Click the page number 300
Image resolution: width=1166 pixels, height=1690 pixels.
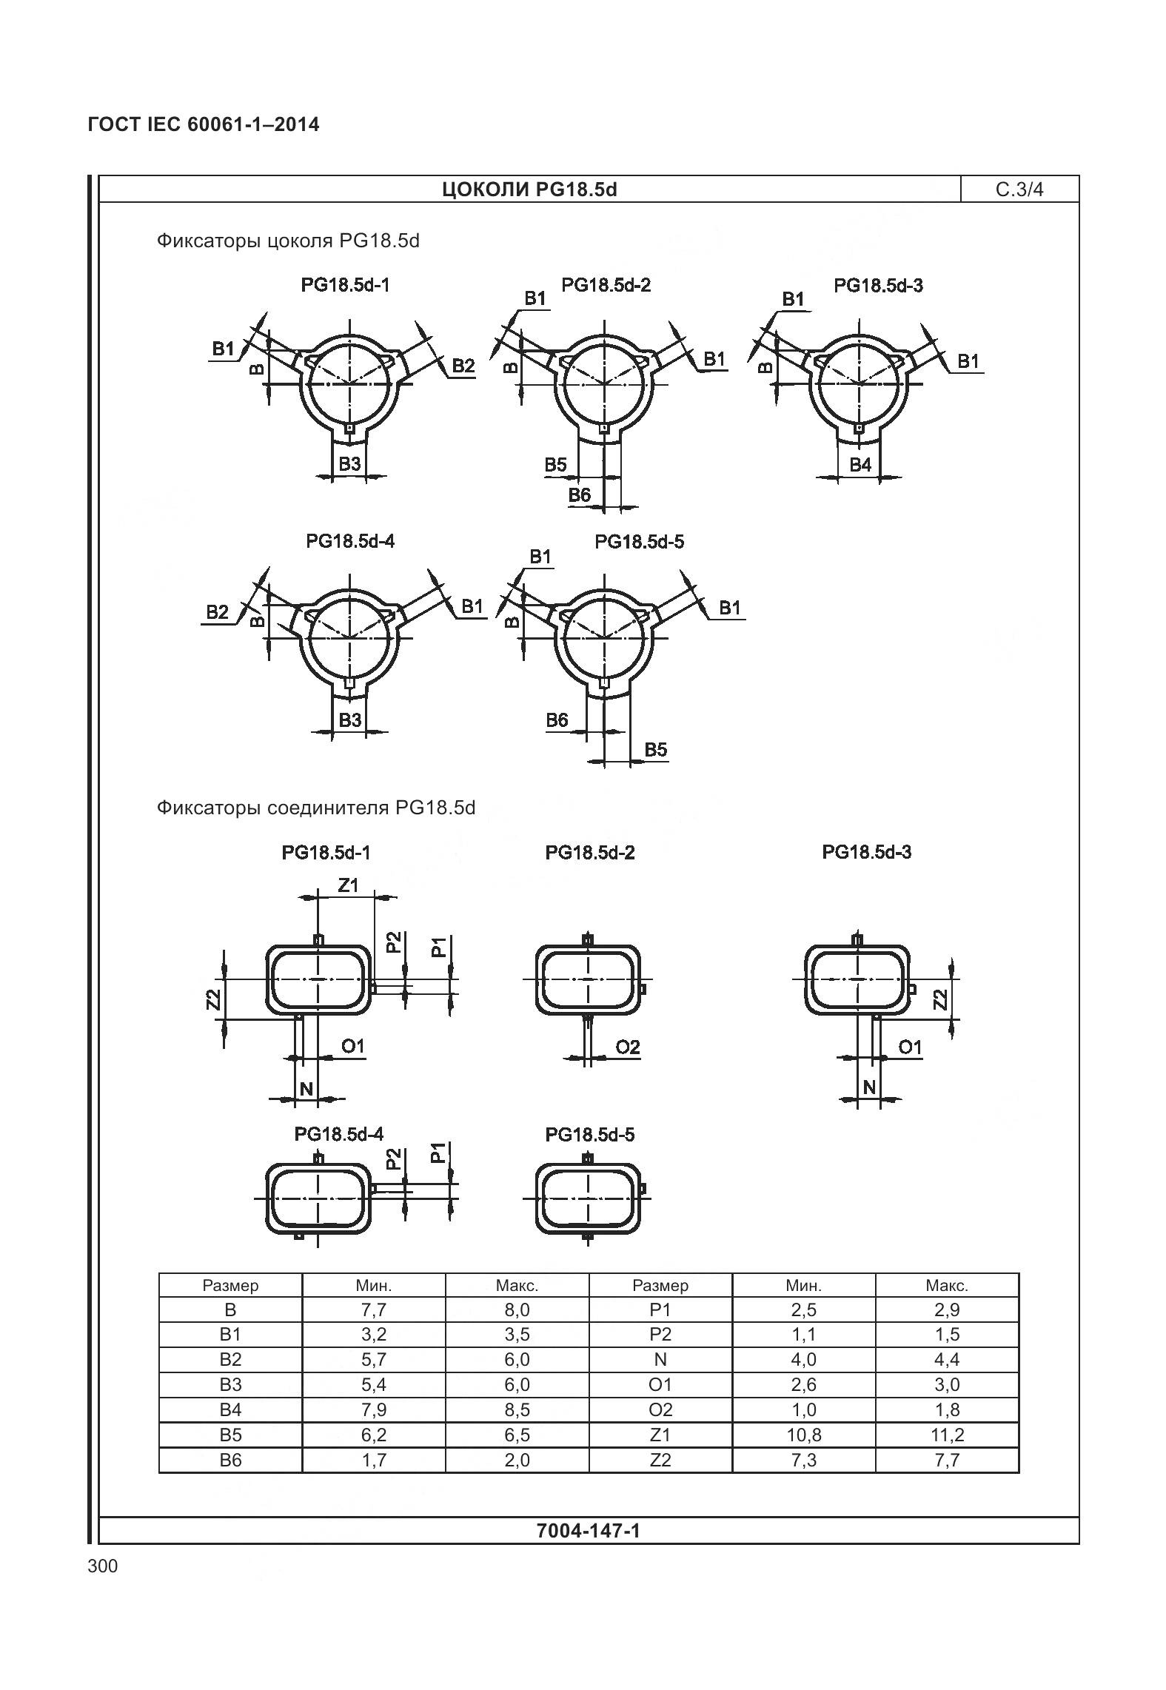tap(102, 1566)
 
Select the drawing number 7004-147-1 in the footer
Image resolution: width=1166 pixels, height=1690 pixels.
tap(588, 1530)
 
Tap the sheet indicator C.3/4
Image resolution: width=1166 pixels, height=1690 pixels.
tap(1019, 190)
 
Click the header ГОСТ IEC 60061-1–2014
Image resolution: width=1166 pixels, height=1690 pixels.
tap(204, 124)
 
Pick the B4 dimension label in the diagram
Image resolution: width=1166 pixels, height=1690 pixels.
tap(860, 464)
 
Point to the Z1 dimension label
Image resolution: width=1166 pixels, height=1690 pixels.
tap(348, 885)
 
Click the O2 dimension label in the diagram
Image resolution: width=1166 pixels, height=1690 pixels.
tap(627, 1047)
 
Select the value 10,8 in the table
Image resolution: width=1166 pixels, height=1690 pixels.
tap(803, 1435)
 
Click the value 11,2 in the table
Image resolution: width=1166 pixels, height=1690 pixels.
tap(947, 1435)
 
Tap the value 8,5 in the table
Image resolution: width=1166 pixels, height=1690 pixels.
tap(517, 1409)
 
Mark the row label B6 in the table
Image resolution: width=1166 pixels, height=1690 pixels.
tap(230, 1460)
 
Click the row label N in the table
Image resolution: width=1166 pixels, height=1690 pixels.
tap(660, 1359)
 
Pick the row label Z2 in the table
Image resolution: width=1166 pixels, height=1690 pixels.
tap(660, 1460)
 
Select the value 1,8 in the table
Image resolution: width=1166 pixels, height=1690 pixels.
tap(947, 1409)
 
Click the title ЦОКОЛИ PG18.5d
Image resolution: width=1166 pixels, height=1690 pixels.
tap(529, 190)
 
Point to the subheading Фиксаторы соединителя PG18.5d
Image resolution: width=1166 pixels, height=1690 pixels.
tap(315, 807)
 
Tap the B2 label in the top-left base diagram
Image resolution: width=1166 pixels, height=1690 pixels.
tap(463, 365)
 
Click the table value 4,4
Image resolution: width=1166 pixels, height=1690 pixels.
tap(947, 1359)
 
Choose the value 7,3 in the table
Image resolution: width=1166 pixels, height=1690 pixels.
tap(803, 1460)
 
